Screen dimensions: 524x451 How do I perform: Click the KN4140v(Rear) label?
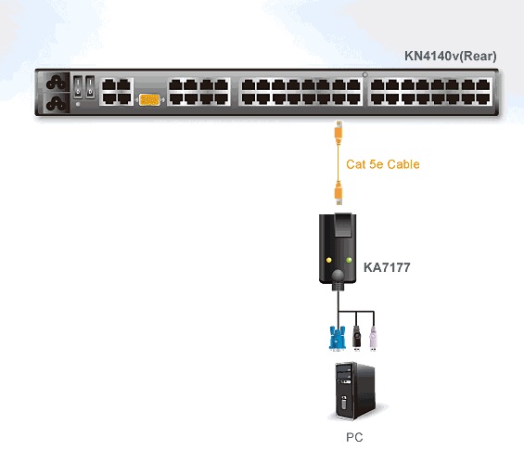coord(450,57)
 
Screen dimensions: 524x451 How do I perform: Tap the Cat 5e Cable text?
coord(383,164)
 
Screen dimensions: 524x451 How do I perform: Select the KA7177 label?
coord(387,267)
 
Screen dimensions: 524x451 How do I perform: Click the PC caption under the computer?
coord(354,437)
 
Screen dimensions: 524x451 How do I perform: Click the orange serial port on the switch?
coord(149,99)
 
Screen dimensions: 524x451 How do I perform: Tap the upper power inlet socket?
coord(56,83)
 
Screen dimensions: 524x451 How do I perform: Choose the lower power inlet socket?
coord(56,103)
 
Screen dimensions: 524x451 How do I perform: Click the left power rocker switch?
coord(78,87)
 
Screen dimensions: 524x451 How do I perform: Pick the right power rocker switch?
coord(90,87)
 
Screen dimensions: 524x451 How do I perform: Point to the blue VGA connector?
coord(337,339)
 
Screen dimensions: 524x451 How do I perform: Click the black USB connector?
coord(356,338)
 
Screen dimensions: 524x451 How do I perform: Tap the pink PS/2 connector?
coord(373,339)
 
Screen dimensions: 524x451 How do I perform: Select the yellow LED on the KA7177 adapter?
coord(329,260)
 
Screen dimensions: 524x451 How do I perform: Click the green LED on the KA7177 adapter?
coord(349,260)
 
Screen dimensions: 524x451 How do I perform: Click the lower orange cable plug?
coord(339,194)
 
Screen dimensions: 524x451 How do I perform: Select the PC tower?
coord(355,391)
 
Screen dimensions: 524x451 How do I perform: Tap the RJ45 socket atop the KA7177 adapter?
coord(343,225)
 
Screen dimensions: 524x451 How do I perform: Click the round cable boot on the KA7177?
coord(338,276)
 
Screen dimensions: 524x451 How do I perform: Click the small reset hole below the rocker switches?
coord(78,104)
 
